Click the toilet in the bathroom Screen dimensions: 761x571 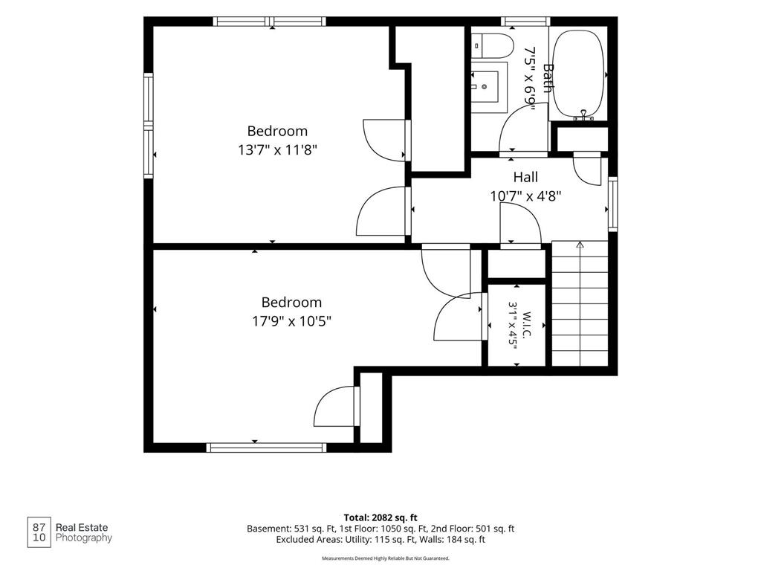493,45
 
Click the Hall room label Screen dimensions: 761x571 525,177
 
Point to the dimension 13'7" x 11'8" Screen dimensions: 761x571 277,149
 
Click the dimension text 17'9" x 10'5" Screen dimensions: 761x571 291,321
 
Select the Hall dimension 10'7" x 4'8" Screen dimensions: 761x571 525,196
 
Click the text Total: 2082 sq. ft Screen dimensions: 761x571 380,517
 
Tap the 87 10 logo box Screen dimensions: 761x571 39,532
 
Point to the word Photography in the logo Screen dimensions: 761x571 84,538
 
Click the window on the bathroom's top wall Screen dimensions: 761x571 525,22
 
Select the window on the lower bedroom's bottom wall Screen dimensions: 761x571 267,448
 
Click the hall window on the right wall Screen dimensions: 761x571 613,204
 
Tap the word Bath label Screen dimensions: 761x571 548,77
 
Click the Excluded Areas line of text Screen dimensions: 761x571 380,540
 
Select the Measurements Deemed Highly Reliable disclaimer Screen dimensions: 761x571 386,558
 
